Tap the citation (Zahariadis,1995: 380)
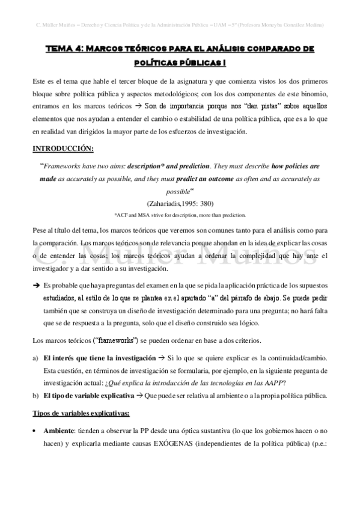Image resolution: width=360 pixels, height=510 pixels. point(180,203)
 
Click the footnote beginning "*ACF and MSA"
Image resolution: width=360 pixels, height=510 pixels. point(180,215)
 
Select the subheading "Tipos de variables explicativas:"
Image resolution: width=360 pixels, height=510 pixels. point(86,415)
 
